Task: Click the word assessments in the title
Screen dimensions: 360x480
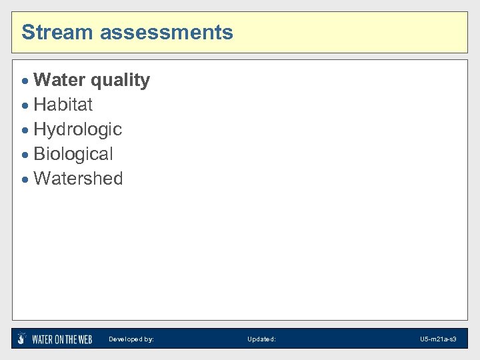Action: tap(162, 32)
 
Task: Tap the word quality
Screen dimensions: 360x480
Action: tap(120, 81)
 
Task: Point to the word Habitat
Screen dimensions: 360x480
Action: tap(63, 105)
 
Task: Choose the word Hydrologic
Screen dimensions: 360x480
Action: tap(77, 129)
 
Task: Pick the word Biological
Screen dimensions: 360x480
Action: tap(73, 154)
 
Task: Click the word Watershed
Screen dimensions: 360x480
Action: tap(78, 179)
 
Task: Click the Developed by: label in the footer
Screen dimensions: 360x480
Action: tap(131, 339)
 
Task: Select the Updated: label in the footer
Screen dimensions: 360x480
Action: tap(261, 339)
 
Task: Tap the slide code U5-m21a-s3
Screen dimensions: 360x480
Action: tap(438, 339)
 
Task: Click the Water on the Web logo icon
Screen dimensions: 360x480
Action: tap(22, 339)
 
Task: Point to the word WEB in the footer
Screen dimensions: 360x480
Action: tap(83, 339)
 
